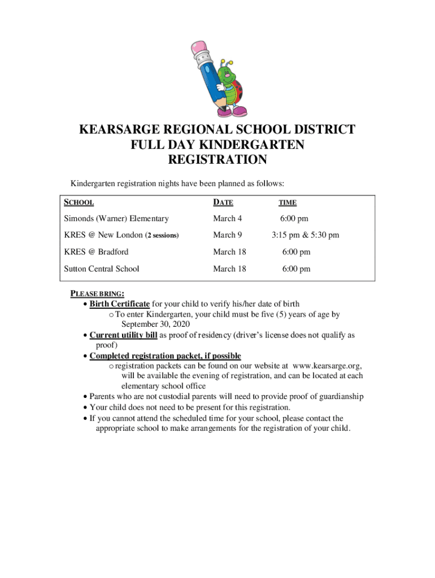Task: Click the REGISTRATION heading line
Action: pyautogui.click(x=217, y=160)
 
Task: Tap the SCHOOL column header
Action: pyautogui.click(x=79, y=202)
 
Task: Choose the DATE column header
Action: pyautogui.click(x=223, y=202)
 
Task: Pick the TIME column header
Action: pyautogui.click(x=288, y=203)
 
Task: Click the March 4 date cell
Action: pyautogui.click(x=227, y=218)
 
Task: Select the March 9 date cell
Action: pyautogui.click(x=227, y=235)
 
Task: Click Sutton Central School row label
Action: pyautogui.click(x=102, y=269)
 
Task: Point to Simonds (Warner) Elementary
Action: pyautogui.click(x=116, y=218)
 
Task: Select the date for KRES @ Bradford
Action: pyautogui.click(x=229, y=252)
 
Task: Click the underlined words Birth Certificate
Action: pyautogui.click(x=119, y=304)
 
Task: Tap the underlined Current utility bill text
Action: pyautogui.click(x=123, y=335)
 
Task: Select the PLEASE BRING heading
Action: pyautogui.click(x=97, y=294)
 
